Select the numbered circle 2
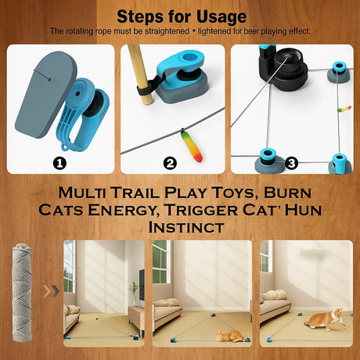click(x=171, y=163)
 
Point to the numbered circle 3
click(x=291, y=163)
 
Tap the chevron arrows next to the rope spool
click(x=52, y=292)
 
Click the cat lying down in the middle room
click(x=229, y=337)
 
